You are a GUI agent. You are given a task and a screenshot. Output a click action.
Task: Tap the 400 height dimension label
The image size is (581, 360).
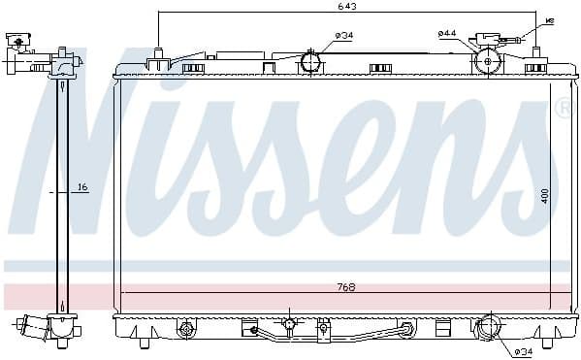(545, 196)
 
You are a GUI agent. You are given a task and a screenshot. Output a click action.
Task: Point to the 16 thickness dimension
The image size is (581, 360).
(82, 186)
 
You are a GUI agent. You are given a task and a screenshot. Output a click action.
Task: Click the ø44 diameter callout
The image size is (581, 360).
(446, 34)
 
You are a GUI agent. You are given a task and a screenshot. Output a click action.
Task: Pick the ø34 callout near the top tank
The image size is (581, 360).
(343, 36)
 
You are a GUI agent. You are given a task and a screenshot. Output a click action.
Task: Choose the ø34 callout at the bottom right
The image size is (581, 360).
(524, 351)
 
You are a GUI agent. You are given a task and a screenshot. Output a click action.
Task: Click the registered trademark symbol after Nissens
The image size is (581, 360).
(563, 109)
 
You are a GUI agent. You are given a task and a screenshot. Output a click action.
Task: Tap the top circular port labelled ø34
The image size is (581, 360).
(311, 63)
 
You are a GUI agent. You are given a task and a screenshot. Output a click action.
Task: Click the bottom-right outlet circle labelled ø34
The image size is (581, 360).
(487, 328)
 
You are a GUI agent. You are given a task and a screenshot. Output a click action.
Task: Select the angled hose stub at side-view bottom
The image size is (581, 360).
(31, 325)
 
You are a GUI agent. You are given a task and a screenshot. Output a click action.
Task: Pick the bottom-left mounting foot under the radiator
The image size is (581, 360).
(144, 342)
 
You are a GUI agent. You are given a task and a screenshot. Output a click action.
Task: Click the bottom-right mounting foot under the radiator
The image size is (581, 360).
(546, 342)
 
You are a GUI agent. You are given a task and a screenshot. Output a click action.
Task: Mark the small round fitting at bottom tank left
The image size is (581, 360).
(185, 331)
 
